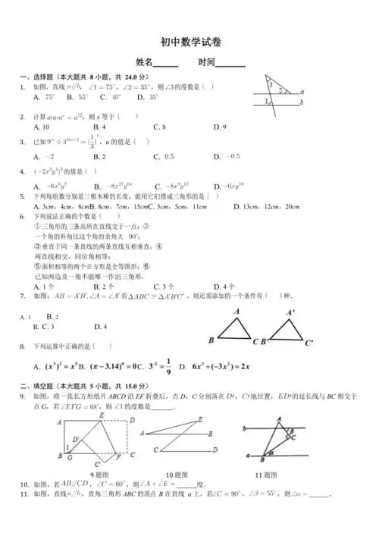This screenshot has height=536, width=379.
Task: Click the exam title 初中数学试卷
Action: (x=189, y=43)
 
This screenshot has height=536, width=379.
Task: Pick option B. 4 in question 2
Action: (x=99, y=127)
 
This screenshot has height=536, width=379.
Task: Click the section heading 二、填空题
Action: (x=39, y=385)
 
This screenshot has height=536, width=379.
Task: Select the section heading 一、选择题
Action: (x=39, y=77)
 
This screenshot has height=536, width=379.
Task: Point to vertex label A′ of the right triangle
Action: (x=291, y=312)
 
